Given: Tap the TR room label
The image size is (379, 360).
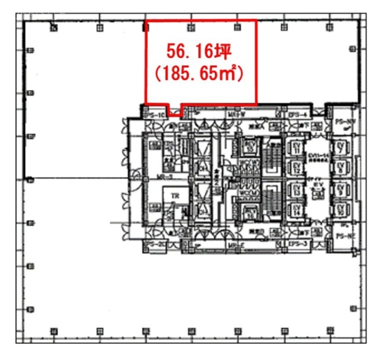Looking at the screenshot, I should pyautogui.click(x=175, y=195).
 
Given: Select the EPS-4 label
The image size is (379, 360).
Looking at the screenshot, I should pyautogui.click(x=297, y=114).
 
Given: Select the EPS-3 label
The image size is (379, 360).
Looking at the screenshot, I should pyautogui.click(x=296, y=244).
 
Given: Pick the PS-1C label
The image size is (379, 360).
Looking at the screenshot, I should pyautogui.click(x=156, y=114).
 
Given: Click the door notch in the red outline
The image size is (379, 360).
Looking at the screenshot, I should pyautogui.click(x=175, y=111).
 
